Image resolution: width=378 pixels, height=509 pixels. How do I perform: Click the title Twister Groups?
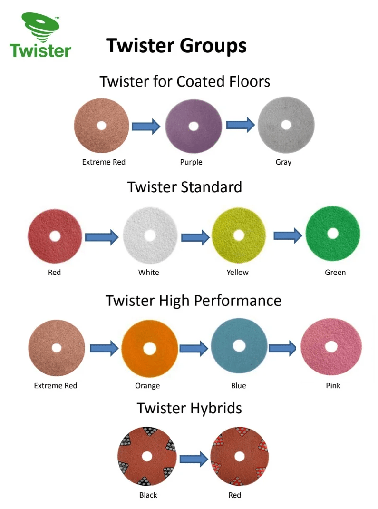pos(176,46)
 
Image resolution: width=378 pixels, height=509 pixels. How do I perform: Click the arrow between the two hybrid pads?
pos(194,459)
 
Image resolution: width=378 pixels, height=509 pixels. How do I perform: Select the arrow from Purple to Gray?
pos(240,125)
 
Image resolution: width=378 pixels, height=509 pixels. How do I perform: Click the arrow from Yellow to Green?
pos(288,235)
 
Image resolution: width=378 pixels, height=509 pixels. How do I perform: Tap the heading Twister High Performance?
pos(194,301)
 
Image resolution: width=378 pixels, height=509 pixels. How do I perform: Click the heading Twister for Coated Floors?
pos(185,81)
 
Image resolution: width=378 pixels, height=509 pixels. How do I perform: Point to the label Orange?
pos(147,386)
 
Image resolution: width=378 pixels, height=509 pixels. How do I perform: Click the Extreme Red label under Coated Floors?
pos(104,162)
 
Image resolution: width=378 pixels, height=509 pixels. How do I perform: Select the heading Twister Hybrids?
pos(189,408)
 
